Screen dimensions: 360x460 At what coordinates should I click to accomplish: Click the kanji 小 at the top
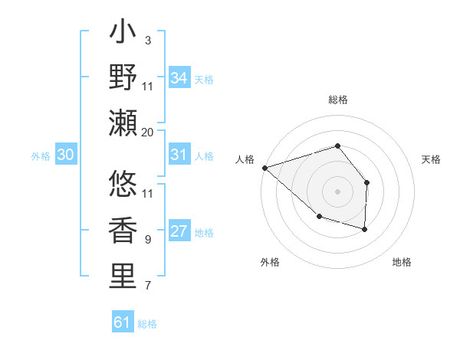click(x=123, y=34)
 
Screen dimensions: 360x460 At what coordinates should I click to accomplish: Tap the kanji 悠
click(x=123, y=185)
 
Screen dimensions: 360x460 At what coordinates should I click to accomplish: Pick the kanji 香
click(x=123, y=231)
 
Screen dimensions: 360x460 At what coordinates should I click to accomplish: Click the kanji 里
click(x=123, y=277)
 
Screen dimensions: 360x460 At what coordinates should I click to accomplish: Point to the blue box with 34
click(x=179, y=78)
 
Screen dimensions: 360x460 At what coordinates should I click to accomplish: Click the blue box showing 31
click(x=179, y=155)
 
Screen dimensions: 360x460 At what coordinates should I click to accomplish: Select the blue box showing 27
click(x=179, y=232)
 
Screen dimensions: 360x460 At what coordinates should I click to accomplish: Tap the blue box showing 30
click(x=65, y=155)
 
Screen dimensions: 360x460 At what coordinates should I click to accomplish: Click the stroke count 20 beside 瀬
click(x=148, y=132)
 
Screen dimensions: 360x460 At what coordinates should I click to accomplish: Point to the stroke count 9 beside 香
click(x=148, y=240)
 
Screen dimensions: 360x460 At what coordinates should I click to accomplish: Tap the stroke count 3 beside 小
click(x=148, y=40)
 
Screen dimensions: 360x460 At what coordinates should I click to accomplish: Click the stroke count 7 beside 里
click(x=148, y=286)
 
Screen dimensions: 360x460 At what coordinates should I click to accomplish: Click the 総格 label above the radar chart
click(x=337, y=100)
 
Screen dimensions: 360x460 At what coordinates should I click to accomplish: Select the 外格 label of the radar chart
click(x=270, y=262)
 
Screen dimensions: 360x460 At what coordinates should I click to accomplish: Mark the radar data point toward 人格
click(x=264, y=167)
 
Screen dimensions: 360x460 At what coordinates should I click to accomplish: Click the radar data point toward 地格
click(x=365, y=229)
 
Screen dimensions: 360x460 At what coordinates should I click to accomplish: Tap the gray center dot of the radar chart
click(x=337, y=191)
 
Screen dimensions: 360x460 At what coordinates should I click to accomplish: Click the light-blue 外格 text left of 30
click(x=41, y=156)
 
